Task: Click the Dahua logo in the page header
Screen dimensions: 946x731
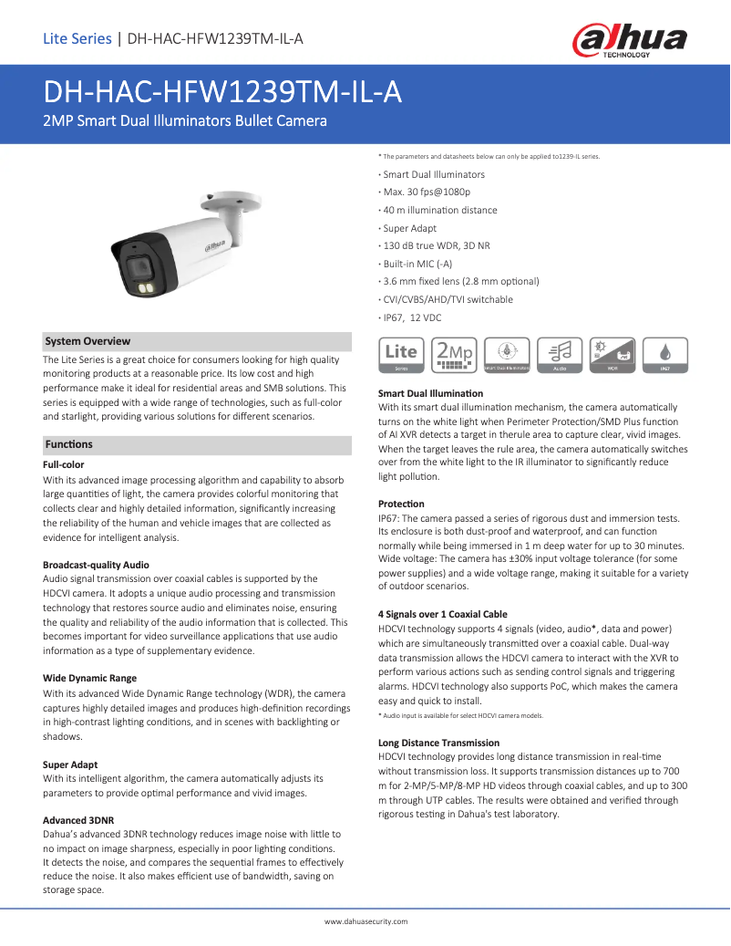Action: [x=629, y=41]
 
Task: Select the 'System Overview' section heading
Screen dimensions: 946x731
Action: [x=88, y=341]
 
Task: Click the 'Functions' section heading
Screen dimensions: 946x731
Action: [x=68, y=444]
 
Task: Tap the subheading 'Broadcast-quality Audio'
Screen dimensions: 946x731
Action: [x=96, y=565]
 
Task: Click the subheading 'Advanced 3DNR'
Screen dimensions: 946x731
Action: [x=78, y=820]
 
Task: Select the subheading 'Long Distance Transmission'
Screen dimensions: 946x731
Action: [x=438, y=743]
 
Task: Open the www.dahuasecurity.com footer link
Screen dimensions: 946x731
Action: [x=366, y=921]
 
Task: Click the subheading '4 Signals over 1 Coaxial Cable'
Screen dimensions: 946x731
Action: [x=442, y=614]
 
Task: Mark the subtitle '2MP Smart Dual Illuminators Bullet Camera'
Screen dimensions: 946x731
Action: [x=185, y=120]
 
